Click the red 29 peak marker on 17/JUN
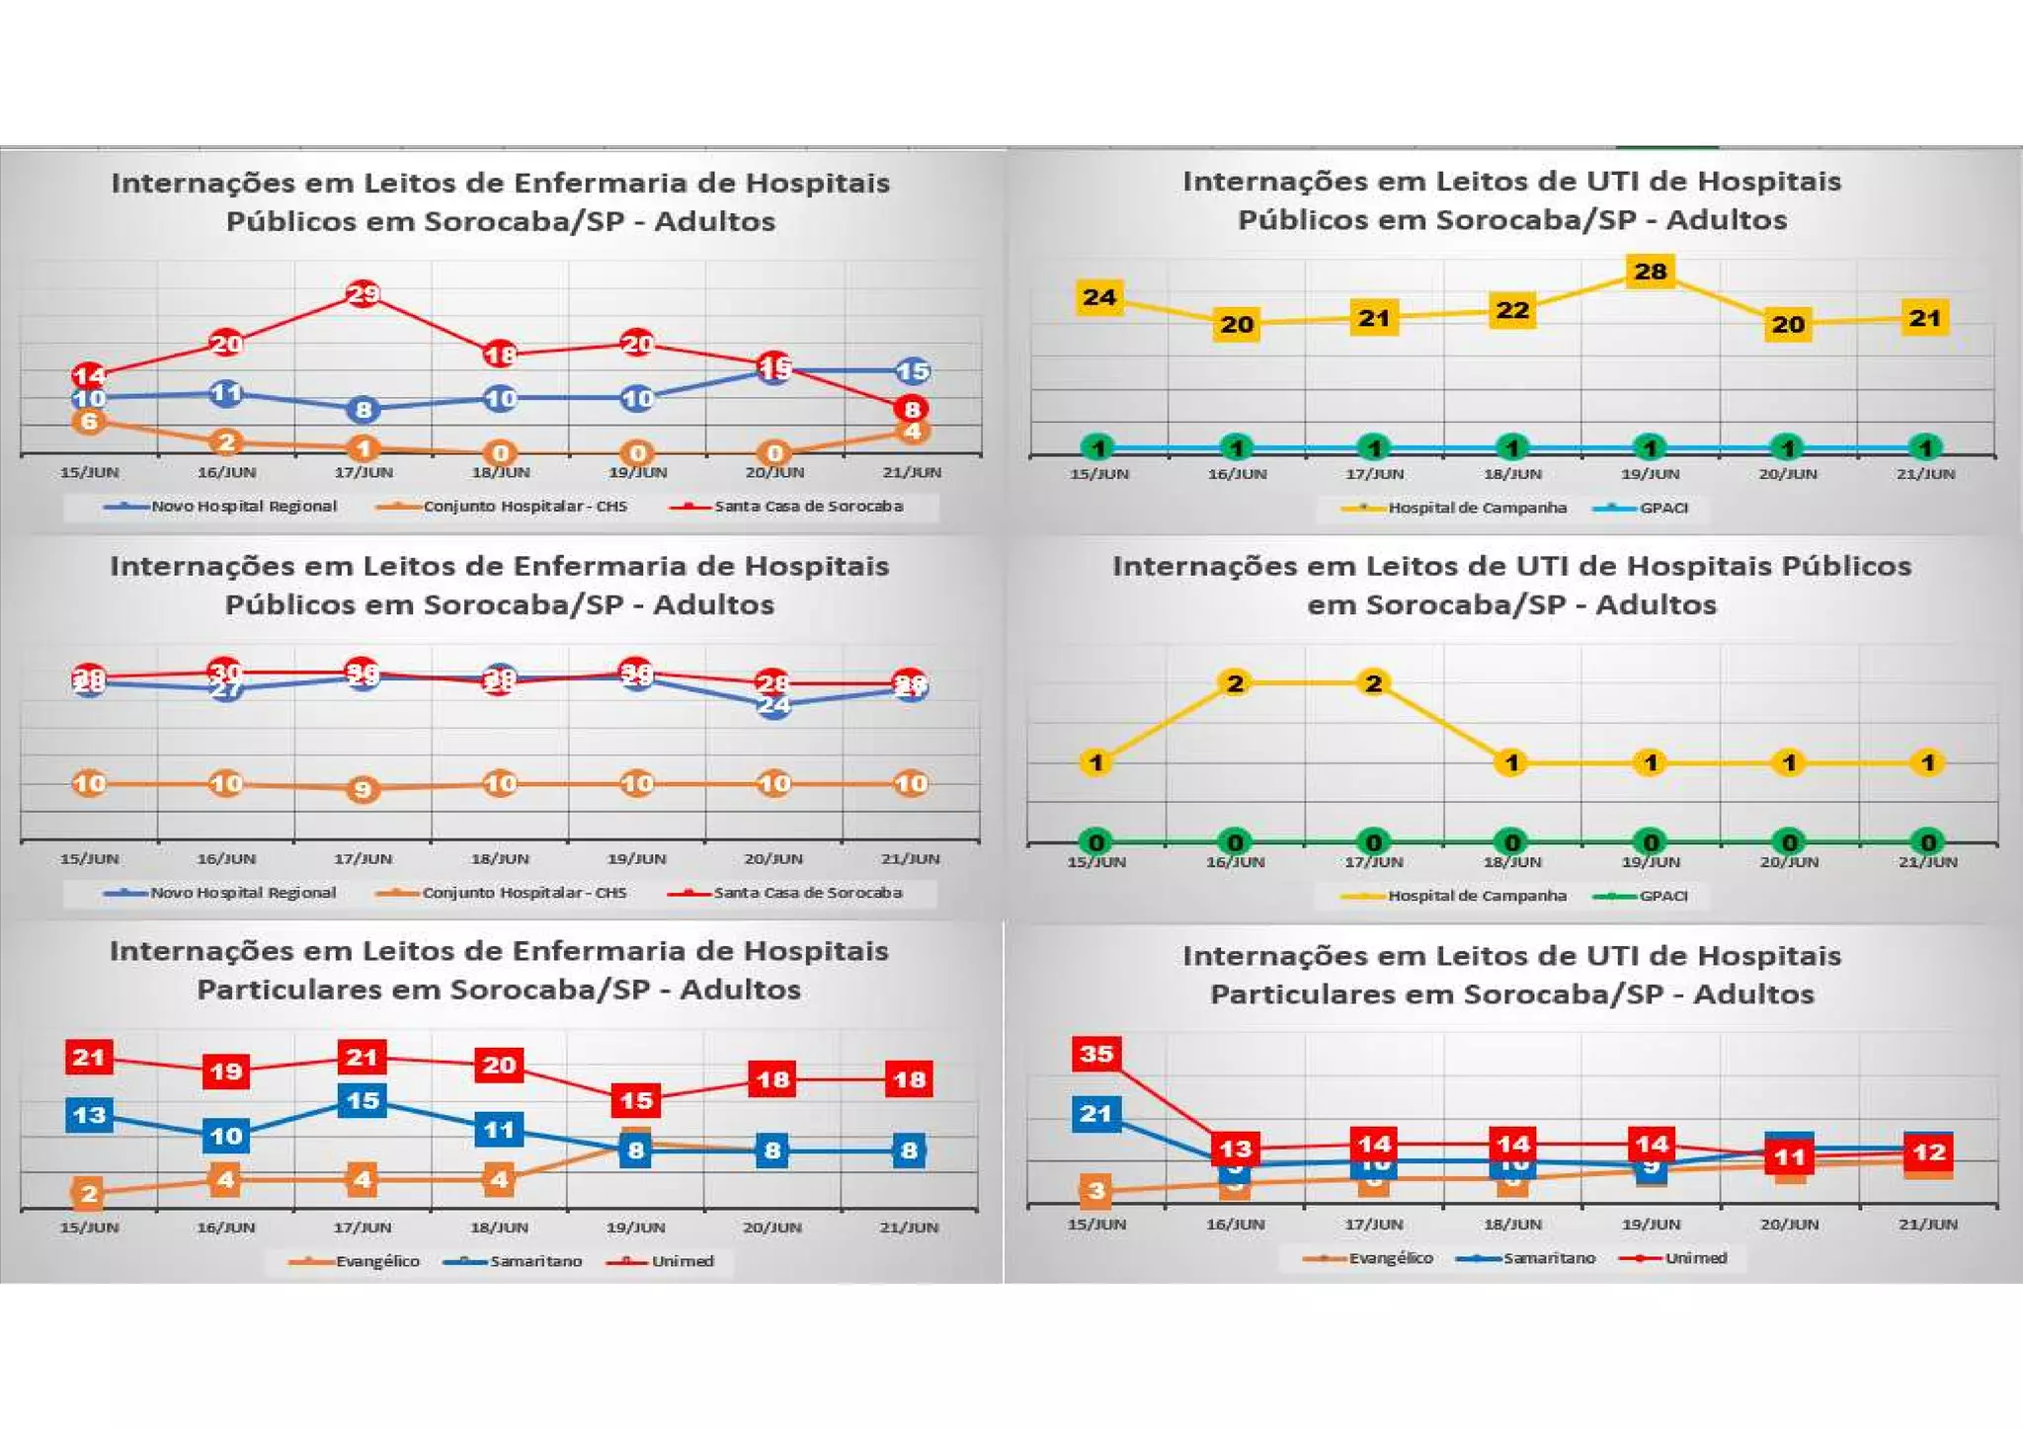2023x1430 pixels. (364, 293)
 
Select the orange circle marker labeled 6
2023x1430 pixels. (89, 422)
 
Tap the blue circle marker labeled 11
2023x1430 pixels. (226, 393)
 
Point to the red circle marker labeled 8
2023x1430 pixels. (912, 409)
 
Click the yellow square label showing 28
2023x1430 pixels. (1650, 272)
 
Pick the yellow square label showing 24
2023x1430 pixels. (1099, 297)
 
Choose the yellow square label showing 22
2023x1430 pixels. (1512, 311)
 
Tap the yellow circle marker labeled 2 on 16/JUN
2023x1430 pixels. (1235, 683)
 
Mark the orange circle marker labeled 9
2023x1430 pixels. (363, 789)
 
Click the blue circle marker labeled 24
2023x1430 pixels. (773, 705)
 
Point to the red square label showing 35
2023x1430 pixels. (1096, 1054)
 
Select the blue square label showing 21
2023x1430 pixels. (1096, 1114)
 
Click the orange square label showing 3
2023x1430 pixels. (1096, 1191)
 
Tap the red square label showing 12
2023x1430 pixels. (1928, 1152)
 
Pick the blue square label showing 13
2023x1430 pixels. (89, 1115)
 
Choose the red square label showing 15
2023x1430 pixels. (635, 1100)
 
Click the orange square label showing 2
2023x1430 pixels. (89, 1194)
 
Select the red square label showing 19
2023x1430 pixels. (226, 1072)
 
